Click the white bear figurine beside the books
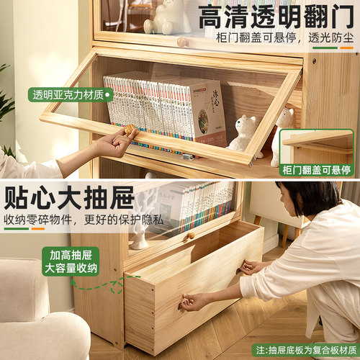[243, 133]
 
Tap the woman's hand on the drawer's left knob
[191, 303]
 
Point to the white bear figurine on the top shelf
[166, 16]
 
